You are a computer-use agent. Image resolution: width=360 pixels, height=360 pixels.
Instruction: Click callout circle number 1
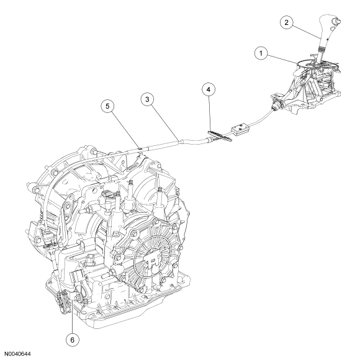(261, 53)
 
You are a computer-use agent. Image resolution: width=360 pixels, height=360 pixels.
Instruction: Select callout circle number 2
(287, 22)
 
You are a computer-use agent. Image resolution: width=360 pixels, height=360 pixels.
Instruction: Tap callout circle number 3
(147, 99)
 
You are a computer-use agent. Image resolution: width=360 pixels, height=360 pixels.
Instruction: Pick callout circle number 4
(209, 89)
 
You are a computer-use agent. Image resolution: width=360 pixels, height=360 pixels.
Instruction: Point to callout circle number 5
(107, 106)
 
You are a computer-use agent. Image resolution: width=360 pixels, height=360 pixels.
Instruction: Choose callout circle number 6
(73, 340)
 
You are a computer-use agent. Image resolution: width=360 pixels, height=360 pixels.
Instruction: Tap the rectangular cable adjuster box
(240, 128)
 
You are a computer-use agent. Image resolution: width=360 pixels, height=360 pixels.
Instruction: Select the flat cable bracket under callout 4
(220, 136)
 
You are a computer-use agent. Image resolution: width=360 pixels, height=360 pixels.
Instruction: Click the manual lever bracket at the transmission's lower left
(63, 301)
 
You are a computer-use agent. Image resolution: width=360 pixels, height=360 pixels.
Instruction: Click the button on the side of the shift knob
(337, 21)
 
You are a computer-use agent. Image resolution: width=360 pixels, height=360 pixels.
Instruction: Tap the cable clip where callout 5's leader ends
(140, 148)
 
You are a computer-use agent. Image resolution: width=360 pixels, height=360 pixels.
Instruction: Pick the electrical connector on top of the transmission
(107, 196)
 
